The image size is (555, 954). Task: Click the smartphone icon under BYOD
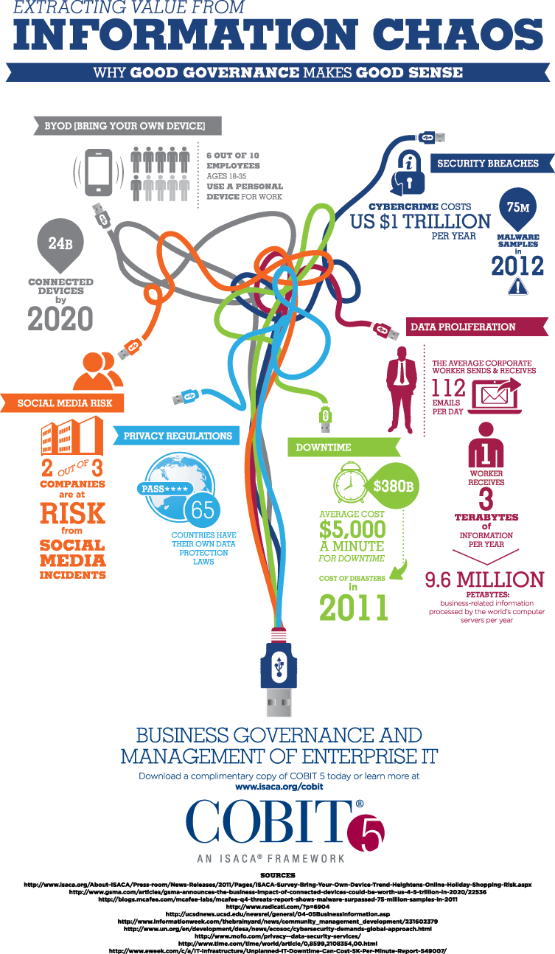click(x=99, y=174)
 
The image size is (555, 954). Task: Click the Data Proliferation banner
click(x=477, y=327)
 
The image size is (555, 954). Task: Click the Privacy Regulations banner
click(x=177, y=436)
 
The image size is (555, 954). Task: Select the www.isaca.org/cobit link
click(x=279, y=787)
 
